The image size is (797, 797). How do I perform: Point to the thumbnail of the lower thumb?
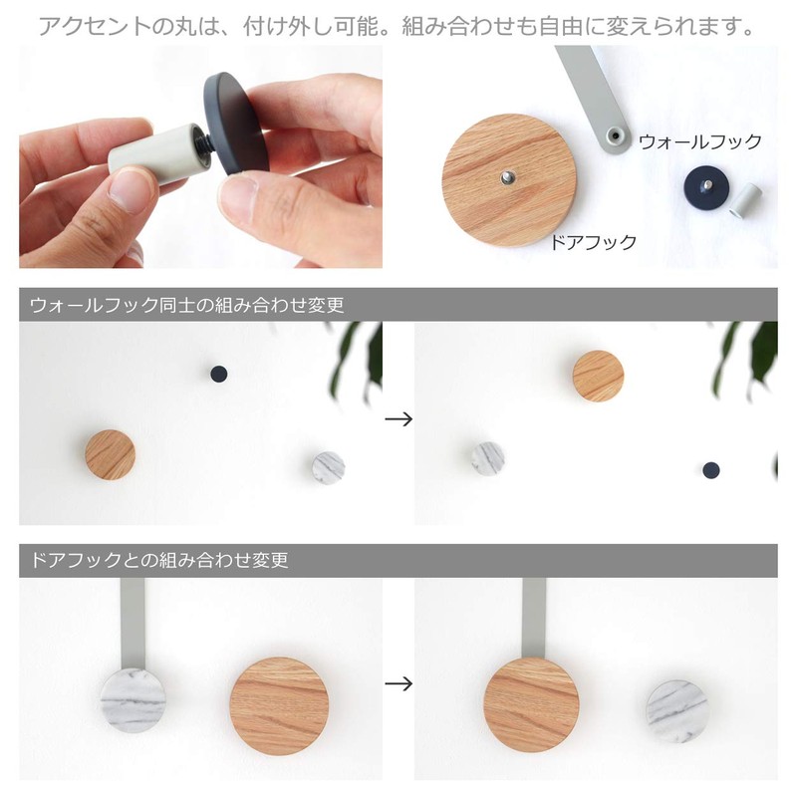click(x=130, y=189)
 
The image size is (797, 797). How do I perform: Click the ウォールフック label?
click(x=699, y=141)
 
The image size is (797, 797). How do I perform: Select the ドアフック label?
click(x=595, y=242)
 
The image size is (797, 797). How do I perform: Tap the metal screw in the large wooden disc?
click(x=506, y=178)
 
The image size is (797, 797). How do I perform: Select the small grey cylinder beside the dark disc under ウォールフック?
click(x=745, y=199)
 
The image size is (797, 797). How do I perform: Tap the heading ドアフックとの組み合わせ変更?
click(x=159, y=561)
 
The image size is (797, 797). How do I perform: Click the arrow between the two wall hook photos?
click(x=398, y=419)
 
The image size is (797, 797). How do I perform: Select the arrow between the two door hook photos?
click(x=398, y=683)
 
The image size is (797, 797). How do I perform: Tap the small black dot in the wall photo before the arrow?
click(x=218, y=374)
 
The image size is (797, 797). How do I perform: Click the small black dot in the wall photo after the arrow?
click(x=710, y=469)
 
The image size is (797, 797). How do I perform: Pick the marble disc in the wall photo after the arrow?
click(x=486, y=458)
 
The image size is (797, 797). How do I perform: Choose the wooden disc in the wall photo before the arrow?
click(x=110, y=454)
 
